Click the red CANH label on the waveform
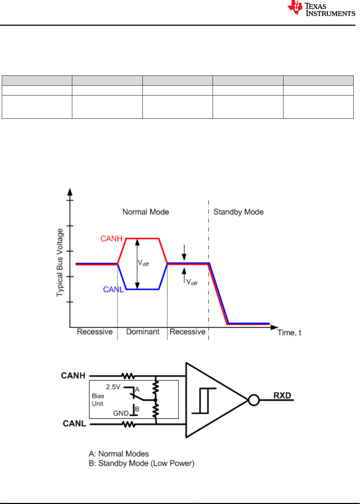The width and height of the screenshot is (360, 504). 111,239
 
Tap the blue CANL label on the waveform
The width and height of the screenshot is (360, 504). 113,289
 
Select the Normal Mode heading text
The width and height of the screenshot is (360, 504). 146,212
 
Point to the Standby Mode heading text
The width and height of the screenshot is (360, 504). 238,212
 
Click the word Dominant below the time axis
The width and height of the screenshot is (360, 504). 143,332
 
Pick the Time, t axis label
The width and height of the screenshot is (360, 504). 289,332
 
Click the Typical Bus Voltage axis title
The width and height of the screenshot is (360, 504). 60,263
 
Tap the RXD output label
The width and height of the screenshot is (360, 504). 282,395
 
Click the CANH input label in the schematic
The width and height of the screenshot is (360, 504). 73,375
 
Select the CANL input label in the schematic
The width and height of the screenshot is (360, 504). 74,423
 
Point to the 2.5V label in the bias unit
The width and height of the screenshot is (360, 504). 113,387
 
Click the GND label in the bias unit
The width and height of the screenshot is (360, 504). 121,413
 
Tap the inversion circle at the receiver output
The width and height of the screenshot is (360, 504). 254,400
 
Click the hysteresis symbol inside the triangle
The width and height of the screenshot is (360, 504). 204,400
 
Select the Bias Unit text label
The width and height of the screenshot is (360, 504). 98,400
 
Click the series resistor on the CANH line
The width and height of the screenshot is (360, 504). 128,376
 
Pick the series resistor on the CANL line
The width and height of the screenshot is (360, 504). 128,424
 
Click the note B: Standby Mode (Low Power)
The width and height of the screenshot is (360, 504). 141,463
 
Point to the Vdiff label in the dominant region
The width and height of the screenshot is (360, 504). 144,263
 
